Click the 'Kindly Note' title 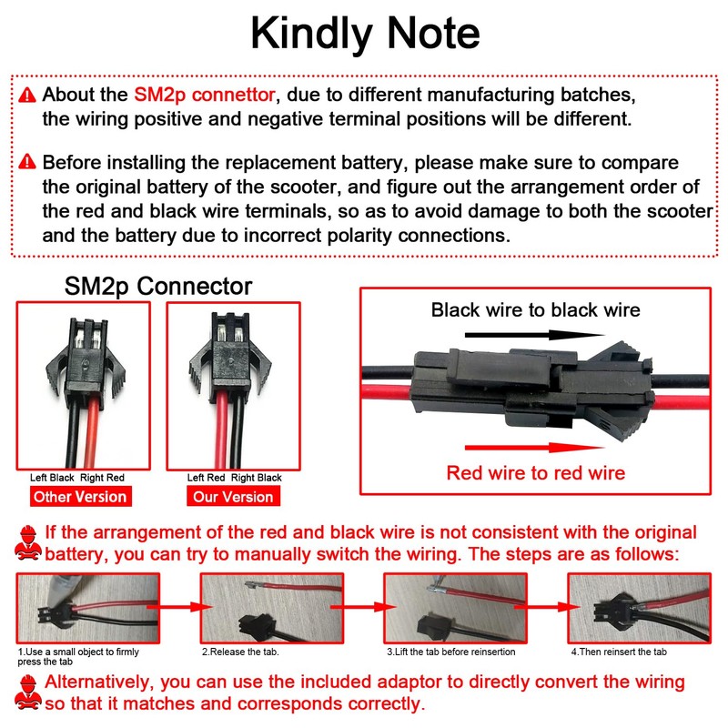pyautogui.click(x=364, y=34)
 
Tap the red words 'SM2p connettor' pyautogui.click(x=204, y=94)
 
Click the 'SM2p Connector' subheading pyautogui.click(x=158, y=286)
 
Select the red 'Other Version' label pyautogui.click(x=79, y=497)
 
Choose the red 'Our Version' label pyautogui.click(x=233, y=497)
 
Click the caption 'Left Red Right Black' pyautogui.click(x=235, y=478)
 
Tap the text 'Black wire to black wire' pyautogui.click(x=535, y=309)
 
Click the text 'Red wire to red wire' pyautogui.click(x=536, y=472)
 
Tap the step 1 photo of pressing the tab pyautogui.click(x=88, y=608)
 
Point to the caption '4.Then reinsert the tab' pyautogui.click(x=621, y=652)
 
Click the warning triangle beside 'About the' pyautogui.click(x=27, y=95)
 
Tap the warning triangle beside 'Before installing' pyautogui.click(x=27, y=164)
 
